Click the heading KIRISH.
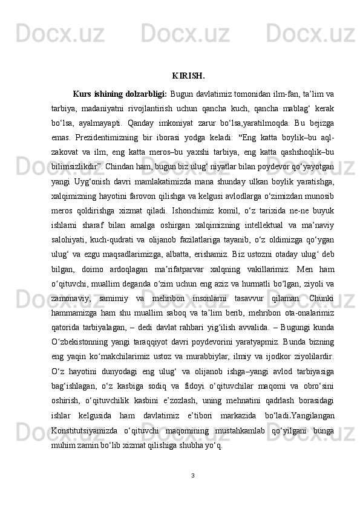188,76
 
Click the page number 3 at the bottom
192,476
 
